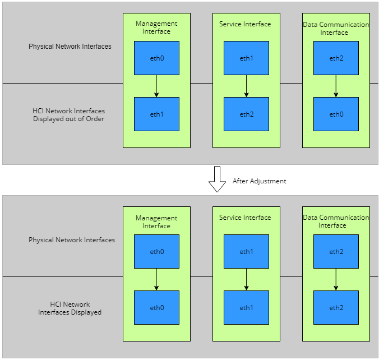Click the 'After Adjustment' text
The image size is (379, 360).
tap(259, 181)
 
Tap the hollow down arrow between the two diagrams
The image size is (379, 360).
tap(217, 179)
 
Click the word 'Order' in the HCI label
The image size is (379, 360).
tap(95, 119)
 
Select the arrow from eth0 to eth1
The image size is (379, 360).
tap(156, 86)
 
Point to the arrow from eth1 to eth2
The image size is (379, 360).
tap(246, 86)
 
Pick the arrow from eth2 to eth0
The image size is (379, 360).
tap(336, 86)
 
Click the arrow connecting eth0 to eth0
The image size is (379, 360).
tap(156, 279)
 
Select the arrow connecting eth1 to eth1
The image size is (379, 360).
tap(246, 279)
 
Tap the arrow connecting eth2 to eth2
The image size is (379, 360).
tap(336, 279)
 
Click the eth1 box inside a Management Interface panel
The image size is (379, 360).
tap(156, 114)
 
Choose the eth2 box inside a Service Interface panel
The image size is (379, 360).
tap(246, 114)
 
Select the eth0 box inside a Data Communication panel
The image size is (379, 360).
tap(336, 114)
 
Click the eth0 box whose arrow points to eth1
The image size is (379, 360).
tap(156, 58)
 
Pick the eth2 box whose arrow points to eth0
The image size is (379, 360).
tap(336, 58)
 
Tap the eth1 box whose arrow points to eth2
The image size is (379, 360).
tap(246, 58)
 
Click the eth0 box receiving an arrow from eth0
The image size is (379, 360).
tap(156, 307)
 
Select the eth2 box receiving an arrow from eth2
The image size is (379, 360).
tap(336, 307)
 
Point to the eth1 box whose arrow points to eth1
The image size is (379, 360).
tap(246, 251)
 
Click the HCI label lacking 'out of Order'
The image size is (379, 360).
tap(70, 308)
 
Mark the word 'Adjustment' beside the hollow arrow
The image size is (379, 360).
tap(268, 181)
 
